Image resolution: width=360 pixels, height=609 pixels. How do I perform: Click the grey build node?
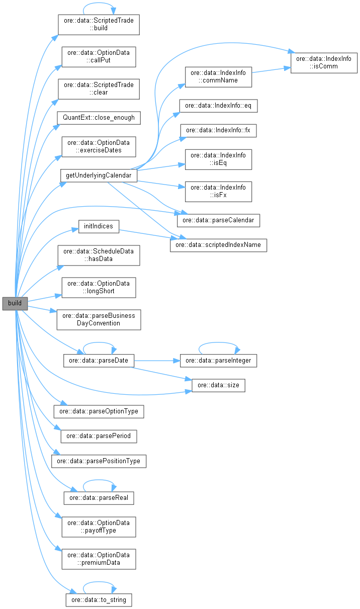pyautogui.click(x=15, y=303)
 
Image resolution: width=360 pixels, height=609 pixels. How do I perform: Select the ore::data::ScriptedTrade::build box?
pyautogui.click(x=98, y=24)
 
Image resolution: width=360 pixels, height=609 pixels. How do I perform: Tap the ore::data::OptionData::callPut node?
pyautogui.click(x=98, y=57)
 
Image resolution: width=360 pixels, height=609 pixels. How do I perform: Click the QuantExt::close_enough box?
pyautogui.click(x=98, y=118)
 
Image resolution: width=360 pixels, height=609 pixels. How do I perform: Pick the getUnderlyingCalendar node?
pyautogui.click(x=99, y=175)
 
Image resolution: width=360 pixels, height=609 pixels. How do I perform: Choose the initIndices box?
pyautogui.click(x=99, y=227)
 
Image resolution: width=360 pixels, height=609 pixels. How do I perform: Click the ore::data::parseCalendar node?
pyautogui.click(x=218, y=220)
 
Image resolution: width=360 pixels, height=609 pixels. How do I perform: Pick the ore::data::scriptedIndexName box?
pyautogui.click(x=218, y=245)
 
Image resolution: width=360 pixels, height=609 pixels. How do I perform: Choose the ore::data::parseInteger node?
pyautogui.click(x=219, y=361)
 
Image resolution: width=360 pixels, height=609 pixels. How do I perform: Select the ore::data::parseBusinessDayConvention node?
pyautogui.click(x=99, y=319)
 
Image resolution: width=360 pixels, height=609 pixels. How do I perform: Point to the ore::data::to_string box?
pyautogui.click(x=99, y=600)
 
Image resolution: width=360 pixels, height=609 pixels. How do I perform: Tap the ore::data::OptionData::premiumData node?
pyautogui.click(x=99, y=558)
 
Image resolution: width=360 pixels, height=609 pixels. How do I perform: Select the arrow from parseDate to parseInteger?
pyautogui.click(x=156, y=361)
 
